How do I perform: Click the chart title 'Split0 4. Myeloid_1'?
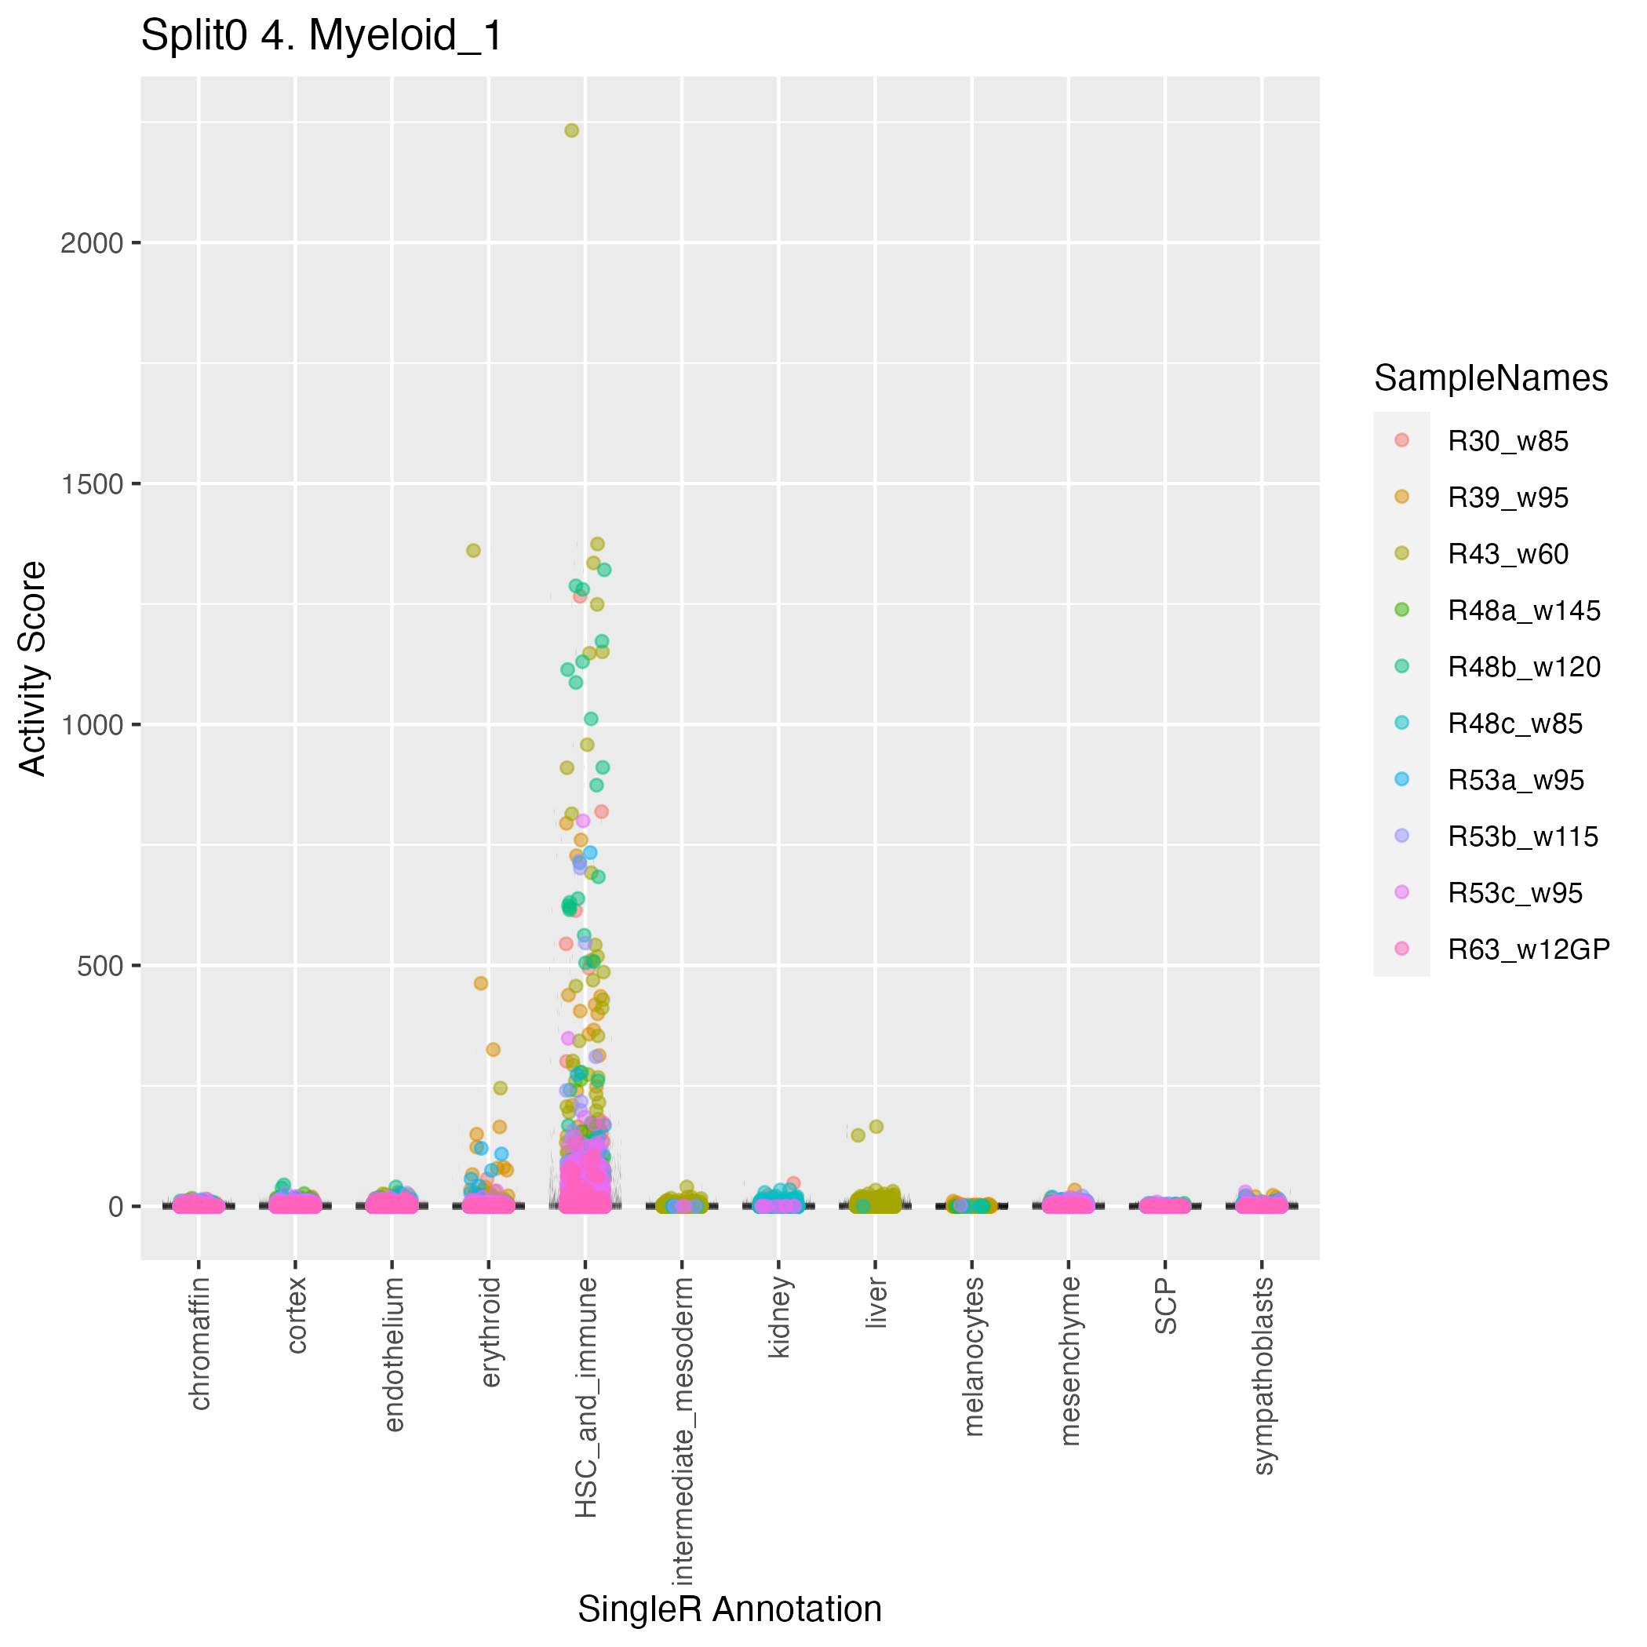322,37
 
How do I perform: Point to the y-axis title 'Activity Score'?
33,669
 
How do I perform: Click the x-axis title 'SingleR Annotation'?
730,1609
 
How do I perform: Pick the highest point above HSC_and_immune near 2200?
571,130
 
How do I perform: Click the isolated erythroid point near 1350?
473,551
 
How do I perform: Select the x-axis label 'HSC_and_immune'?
586,1397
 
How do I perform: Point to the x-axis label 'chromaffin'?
199,1343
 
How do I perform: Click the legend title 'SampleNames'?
1491,378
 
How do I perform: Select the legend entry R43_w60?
1507,555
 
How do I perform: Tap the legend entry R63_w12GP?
1529,949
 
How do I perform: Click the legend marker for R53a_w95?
1401,780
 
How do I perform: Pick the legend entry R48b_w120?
1523,668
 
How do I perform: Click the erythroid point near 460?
481,983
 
